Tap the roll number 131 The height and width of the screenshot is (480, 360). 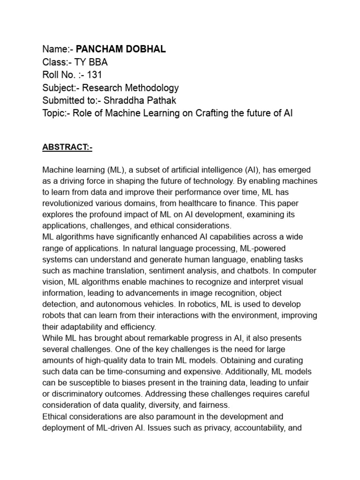[x=93, y=75]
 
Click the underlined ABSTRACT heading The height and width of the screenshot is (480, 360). [x=67, y=148]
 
